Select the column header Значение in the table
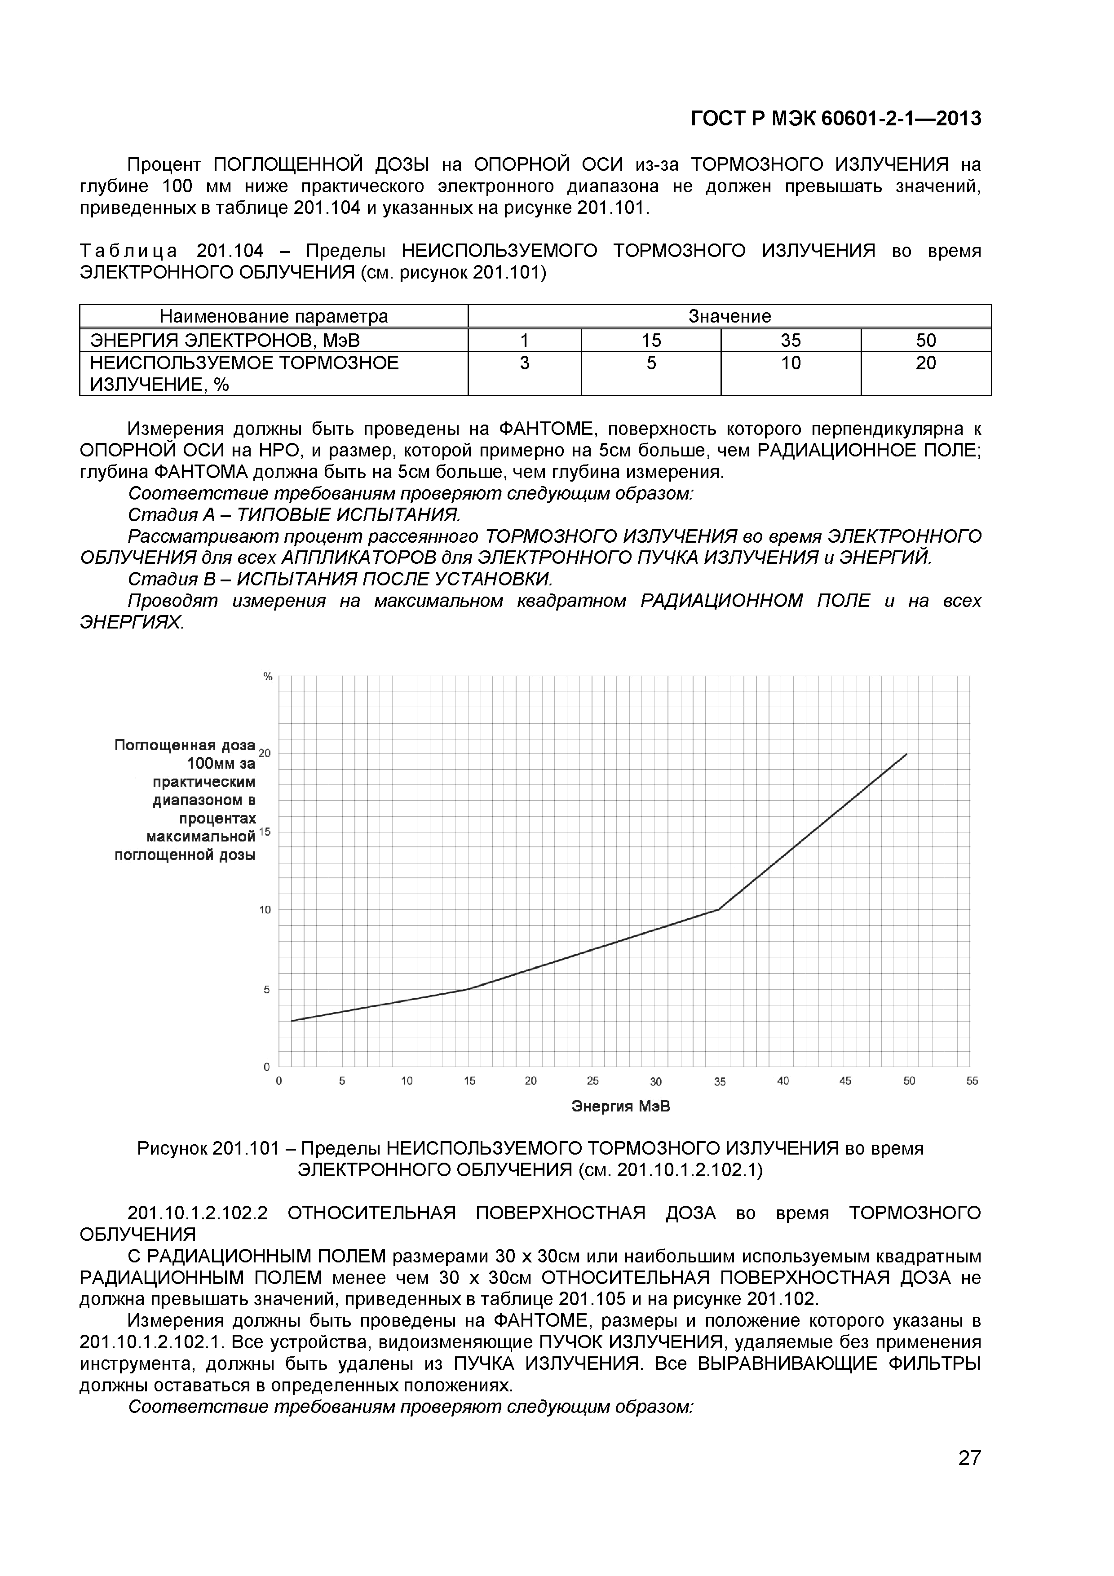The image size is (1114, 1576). point(729,316)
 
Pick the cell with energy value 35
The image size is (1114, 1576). point(791,341)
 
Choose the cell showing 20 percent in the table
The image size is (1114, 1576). point(925,363)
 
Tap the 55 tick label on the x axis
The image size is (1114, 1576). point(972,1081)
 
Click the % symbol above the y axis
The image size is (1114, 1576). point(268,677)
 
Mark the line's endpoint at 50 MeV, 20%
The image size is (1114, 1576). point(907,754)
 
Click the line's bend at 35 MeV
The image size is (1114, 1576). point(719,909)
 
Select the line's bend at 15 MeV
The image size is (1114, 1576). point(467,989)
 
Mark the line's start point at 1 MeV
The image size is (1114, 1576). point(292,1021)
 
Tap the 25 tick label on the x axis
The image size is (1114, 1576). point(592,1081)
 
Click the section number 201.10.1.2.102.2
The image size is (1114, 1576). point(197,1213)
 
